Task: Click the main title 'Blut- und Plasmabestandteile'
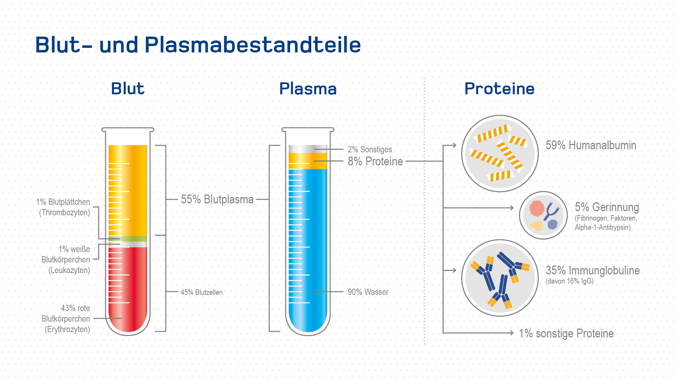pyautogui.click(x=198, y=45)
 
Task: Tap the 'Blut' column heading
pyautogui.click(x=127, y=88)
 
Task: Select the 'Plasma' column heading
pyautogui.click(x=308, y=88)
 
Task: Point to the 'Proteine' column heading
pyautogui.click(x=499, y=88)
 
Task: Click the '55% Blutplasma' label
pyautogui.click(x=217, y=199)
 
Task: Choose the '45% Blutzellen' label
pyautogui.click(x=201, y=292)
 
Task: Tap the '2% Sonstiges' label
pyautogui.click(x=370, y=150)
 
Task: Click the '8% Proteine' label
pyautogui.click(x=375, y=161)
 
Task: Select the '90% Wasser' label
pyautogui.click(x=368, y=292)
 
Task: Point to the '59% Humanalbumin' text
pyautogui.click(x=591, y=145)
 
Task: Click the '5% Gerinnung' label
pyautogui.click(x=607, y=207)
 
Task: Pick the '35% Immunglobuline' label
pyautogui.click(x=593, y=271)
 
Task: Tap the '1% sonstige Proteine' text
pyautogui.click(x=566, y=334)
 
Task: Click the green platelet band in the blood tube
pyautogui.click(x=128, y=239)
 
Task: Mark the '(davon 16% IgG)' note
pyautogui.click(x=569, y=281)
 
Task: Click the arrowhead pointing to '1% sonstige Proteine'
pyautogui.click(x=512, y=333)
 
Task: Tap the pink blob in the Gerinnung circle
pyautogui.click(x=537, y=208)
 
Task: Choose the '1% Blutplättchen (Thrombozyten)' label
pyautogui.click(x=63, y=207)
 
